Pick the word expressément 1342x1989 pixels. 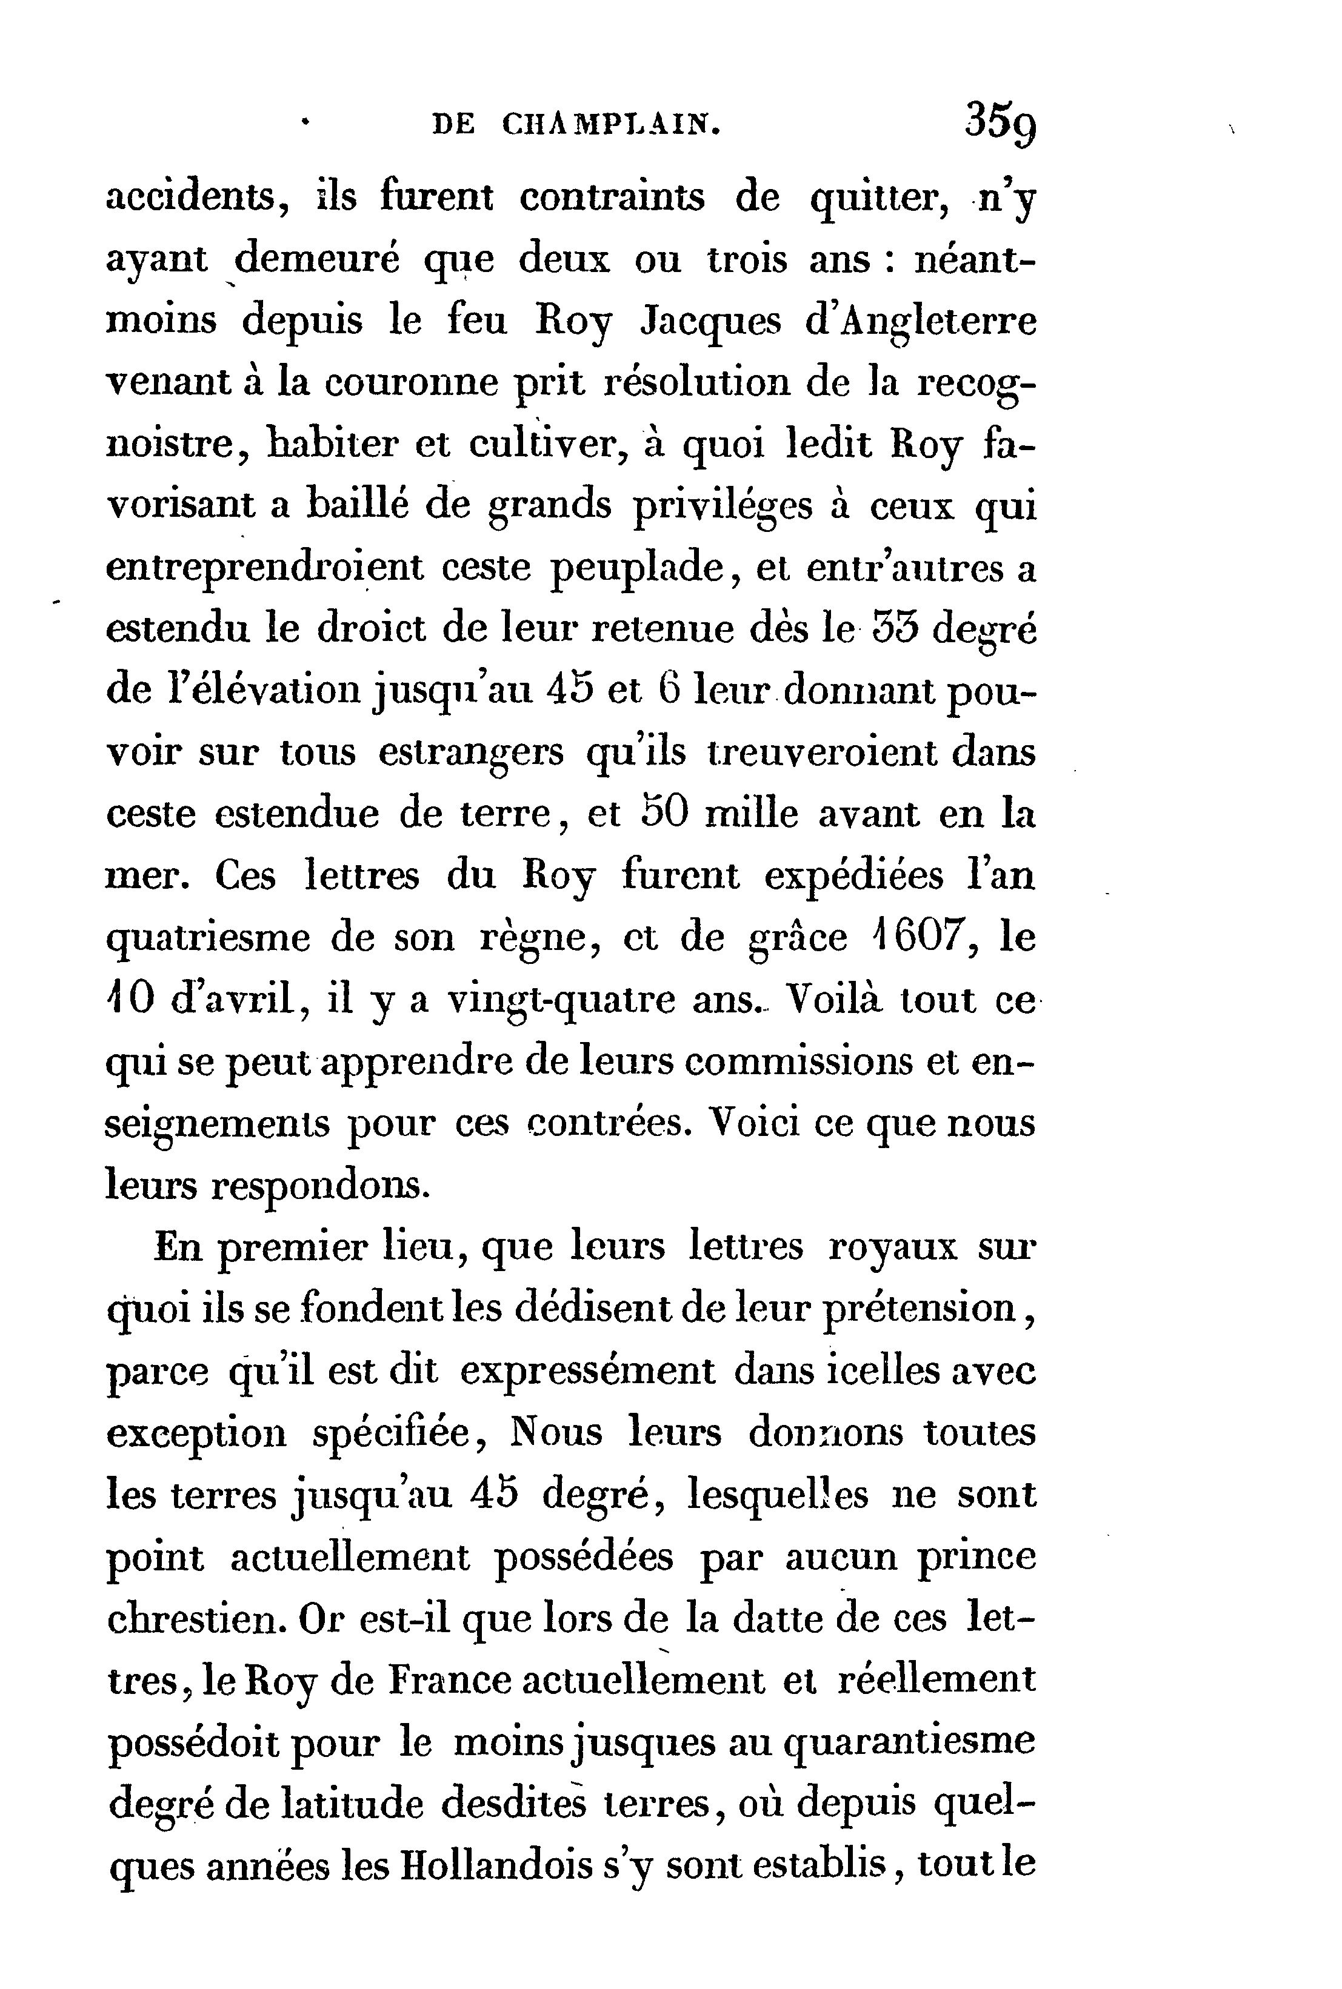[x=587, y=1372]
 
